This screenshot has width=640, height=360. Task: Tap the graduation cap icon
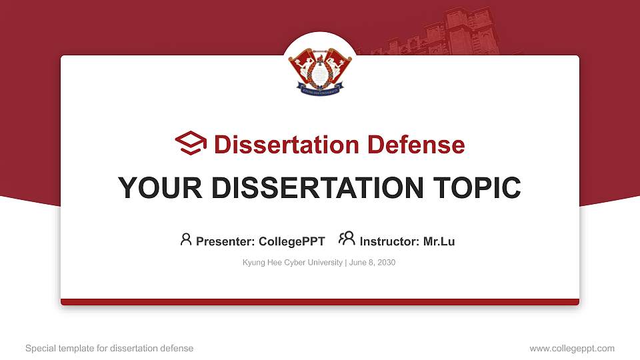pyautogui.click(x=191, y=144)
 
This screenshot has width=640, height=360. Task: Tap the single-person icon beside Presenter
pyautogui.click(x=186, y=239)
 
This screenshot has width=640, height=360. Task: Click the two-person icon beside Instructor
pyautogui.click(x=347, y=239)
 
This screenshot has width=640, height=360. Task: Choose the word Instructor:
pyautogui.click(x=389, y=241)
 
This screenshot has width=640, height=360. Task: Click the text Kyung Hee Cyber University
pyautogui.click(x=292, y=263)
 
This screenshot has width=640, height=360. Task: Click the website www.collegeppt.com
pyautogui.click(x=571, y=348)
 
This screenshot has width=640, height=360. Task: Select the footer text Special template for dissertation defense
pyautogui.click(x=109, y=348)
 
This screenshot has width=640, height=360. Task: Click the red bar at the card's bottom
pyautogui.click(x=320, y=302)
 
